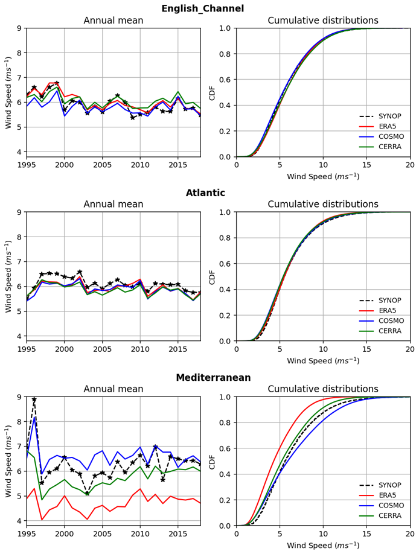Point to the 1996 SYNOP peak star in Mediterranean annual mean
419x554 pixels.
click(x=34, y=400)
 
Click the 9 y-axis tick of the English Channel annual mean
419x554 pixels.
click(x=19, y=28)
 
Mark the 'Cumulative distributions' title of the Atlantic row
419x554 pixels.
click(x=323, y=205)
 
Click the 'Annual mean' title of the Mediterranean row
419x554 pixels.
click(x=114, y=389)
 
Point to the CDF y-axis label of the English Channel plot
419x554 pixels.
click(x=212, y=92)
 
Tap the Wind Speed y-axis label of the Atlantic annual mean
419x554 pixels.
click(x=8, y=276)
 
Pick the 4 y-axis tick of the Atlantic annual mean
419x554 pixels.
click(x=19, y=336)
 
